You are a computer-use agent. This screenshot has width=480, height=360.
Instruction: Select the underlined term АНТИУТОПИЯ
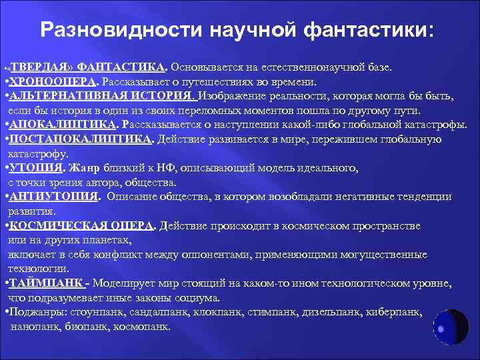tap(54, 197)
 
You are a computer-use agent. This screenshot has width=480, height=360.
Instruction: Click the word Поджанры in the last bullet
tap(32, 312)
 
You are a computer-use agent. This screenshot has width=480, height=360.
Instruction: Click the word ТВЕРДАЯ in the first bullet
tap(41, 67)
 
